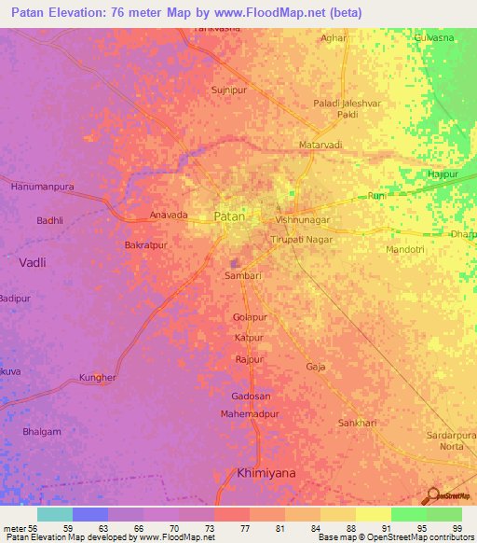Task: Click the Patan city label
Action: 230,216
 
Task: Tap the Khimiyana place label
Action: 266,473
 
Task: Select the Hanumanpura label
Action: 42,187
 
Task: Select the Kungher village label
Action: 98,378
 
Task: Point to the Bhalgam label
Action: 42,432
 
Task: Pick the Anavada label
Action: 169,216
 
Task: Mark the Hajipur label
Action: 443,174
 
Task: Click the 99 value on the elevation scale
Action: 457,527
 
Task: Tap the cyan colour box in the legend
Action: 55,514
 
